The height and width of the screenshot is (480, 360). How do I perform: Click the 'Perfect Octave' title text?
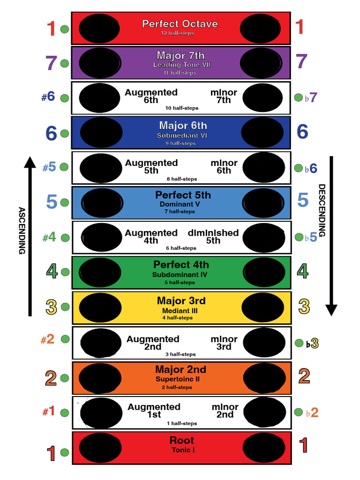180,23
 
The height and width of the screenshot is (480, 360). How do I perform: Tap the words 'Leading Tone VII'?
182,65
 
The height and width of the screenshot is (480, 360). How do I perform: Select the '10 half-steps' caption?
182,108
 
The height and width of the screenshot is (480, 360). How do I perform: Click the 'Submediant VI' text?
182,135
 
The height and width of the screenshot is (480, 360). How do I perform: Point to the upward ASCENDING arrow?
30,234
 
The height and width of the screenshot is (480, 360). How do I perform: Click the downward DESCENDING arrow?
331,234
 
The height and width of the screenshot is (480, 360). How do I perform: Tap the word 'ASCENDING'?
22,230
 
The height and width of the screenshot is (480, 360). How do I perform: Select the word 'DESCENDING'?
322,210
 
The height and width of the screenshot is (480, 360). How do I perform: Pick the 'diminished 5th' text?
213,236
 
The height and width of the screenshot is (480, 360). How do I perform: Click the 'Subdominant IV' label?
180,275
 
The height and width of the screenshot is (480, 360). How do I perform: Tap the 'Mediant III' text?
180,310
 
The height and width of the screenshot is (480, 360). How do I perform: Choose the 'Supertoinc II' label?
178,379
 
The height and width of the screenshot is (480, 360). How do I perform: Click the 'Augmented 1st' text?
154,411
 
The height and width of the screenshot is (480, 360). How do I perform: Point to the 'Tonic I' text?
183,450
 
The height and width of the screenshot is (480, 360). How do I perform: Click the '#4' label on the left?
49,237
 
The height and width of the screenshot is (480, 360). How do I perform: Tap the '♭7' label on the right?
311,98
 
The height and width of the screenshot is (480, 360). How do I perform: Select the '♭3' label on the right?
312,344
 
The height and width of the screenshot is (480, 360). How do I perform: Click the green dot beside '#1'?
65,413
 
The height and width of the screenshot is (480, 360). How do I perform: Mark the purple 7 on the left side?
52,63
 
